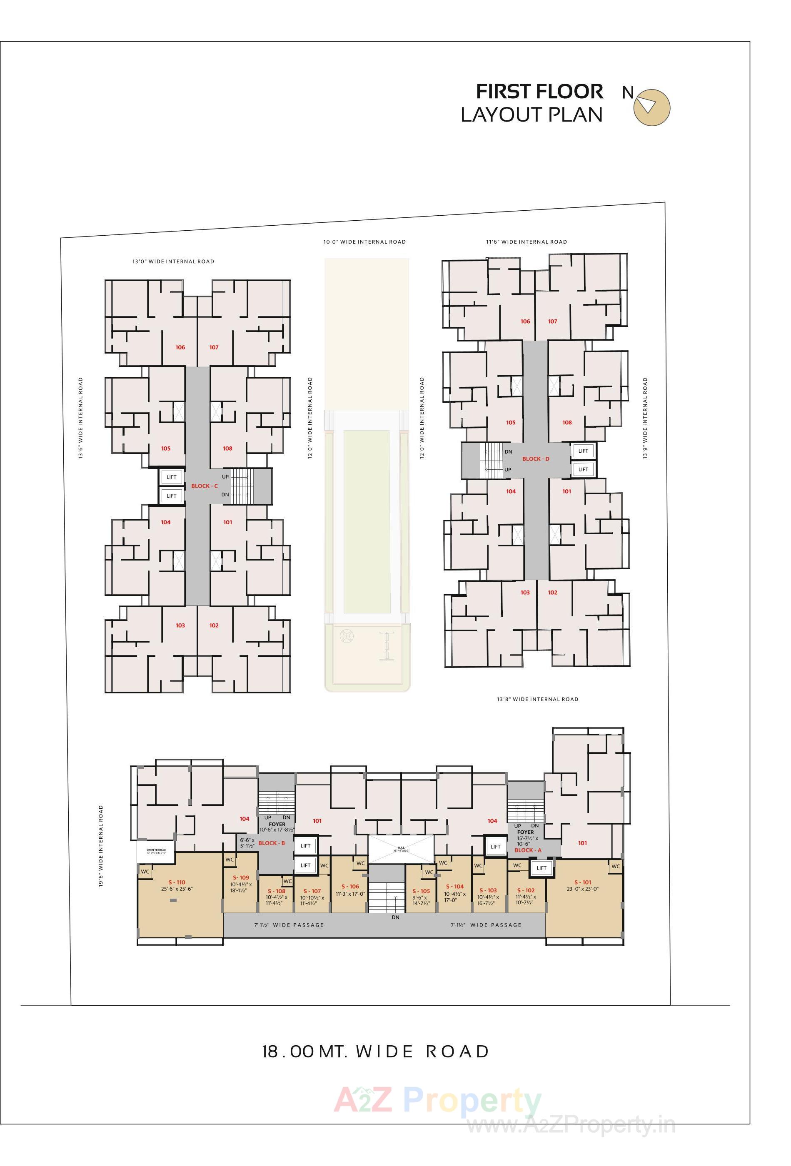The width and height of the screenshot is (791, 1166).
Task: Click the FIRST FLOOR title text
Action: pyautogui.click(x=539, y=92)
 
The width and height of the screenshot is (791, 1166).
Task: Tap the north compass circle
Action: pyautogui.click(x=651, y=107)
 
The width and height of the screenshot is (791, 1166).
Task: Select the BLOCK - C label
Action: pyautogui.click(x=204, y=486)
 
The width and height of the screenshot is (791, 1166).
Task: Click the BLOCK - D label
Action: pyautogui.click(x=536, y=458)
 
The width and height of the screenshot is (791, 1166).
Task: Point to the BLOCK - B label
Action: pyautogui.click(x=272, y=843)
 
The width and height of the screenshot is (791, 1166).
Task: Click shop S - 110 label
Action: pyautogui.click(x=177, y=882)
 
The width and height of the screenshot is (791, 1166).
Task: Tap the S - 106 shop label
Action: pyautogui.click(x=350, y=887)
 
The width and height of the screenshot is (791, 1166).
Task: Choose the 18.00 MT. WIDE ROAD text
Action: pyautogui.click(x=375, y=1051)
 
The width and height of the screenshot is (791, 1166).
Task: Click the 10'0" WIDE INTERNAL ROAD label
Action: pyautogui.click(x=364, y=242)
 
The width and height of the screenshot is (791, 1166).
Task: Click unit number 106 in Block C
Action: pyautogui.click(x=180, y=347)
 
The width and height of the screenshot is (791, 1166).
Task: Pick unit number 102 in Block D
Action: pyautogui.click(x=552, y=593)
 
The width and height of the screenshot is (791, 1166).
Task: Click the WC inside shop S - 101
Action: pyautogui.click(x=615, y=866)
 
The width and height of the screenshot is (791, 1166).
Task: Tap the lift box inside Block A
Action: pyautogui.click(x=541, y=868)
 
